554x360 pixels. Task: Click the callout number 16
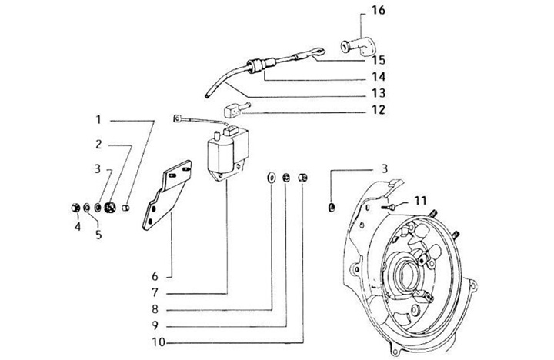coord(378,10)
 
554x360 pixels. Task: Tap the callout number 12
coord(378,109)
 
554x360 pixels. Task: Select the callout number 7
coord(155,292)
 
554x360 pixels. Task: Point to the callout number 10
coord(159,342)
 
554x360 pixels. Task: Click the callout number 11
coord(420,201)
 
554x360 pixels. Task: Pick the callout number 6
coord(155,276)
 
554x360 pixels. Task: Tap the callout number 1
coord(98,120)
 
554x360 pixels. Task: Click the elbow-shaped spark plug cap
coord(358,47)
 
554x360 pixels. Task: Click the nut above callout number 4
coord(75,208)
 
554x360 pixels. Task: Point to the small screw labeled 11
coord(388,207)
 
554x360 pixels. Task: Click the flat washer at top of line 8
coord(271,177)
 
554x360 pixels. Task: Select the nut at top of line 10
coord(303,177)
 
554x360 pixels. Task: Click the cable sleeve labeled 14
coord(261,65)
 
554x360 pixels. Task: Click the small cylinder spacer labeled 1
coord(125,208)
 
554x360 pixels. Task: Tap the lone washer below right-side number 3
coord(332,207)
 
